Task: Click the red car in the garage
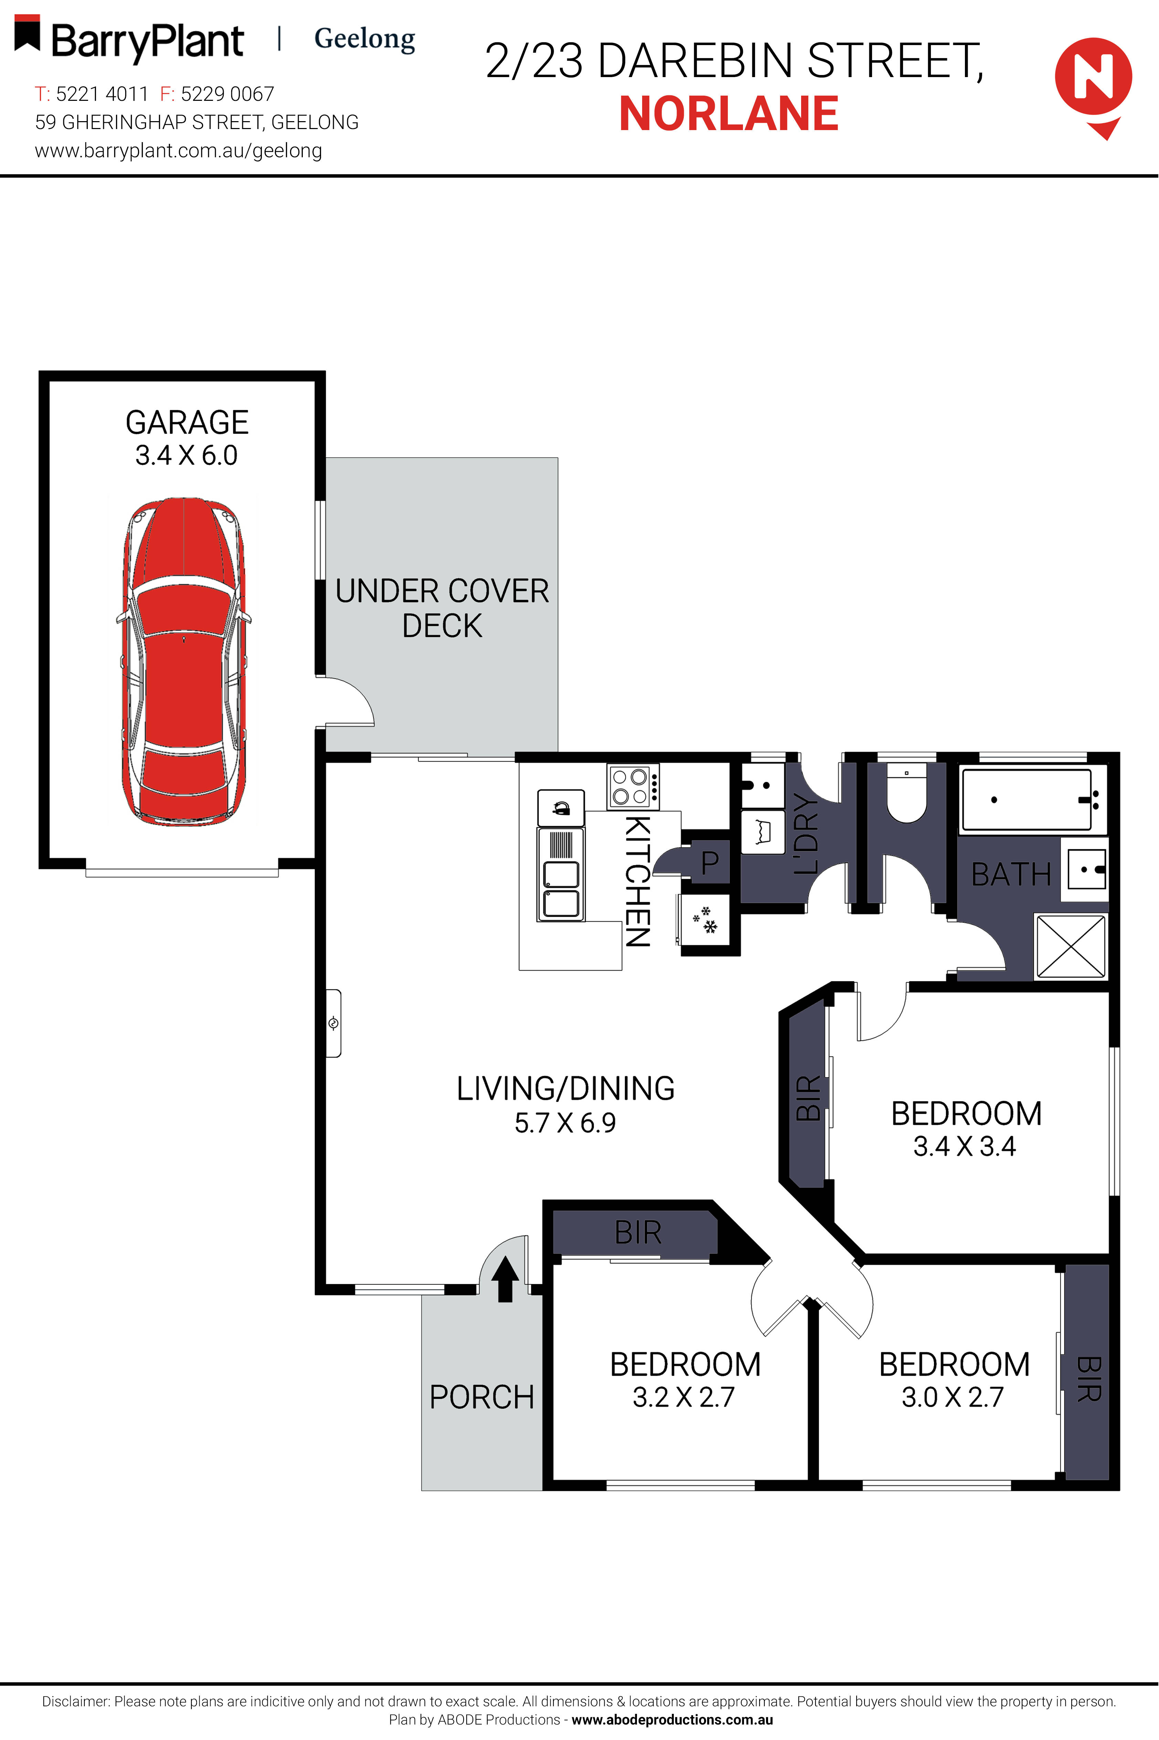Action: [183, 661]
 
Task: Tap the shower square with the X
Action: [1070, 946]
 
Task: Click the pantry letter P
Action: [710, 862]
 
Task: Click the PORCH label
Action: [482, 1397]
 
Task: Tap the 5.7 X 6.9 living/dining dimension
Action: [565, 1123]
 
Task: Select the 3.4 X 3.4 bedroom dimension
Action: [965, 1146]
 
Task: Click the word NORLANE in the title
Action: [729, 115]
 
